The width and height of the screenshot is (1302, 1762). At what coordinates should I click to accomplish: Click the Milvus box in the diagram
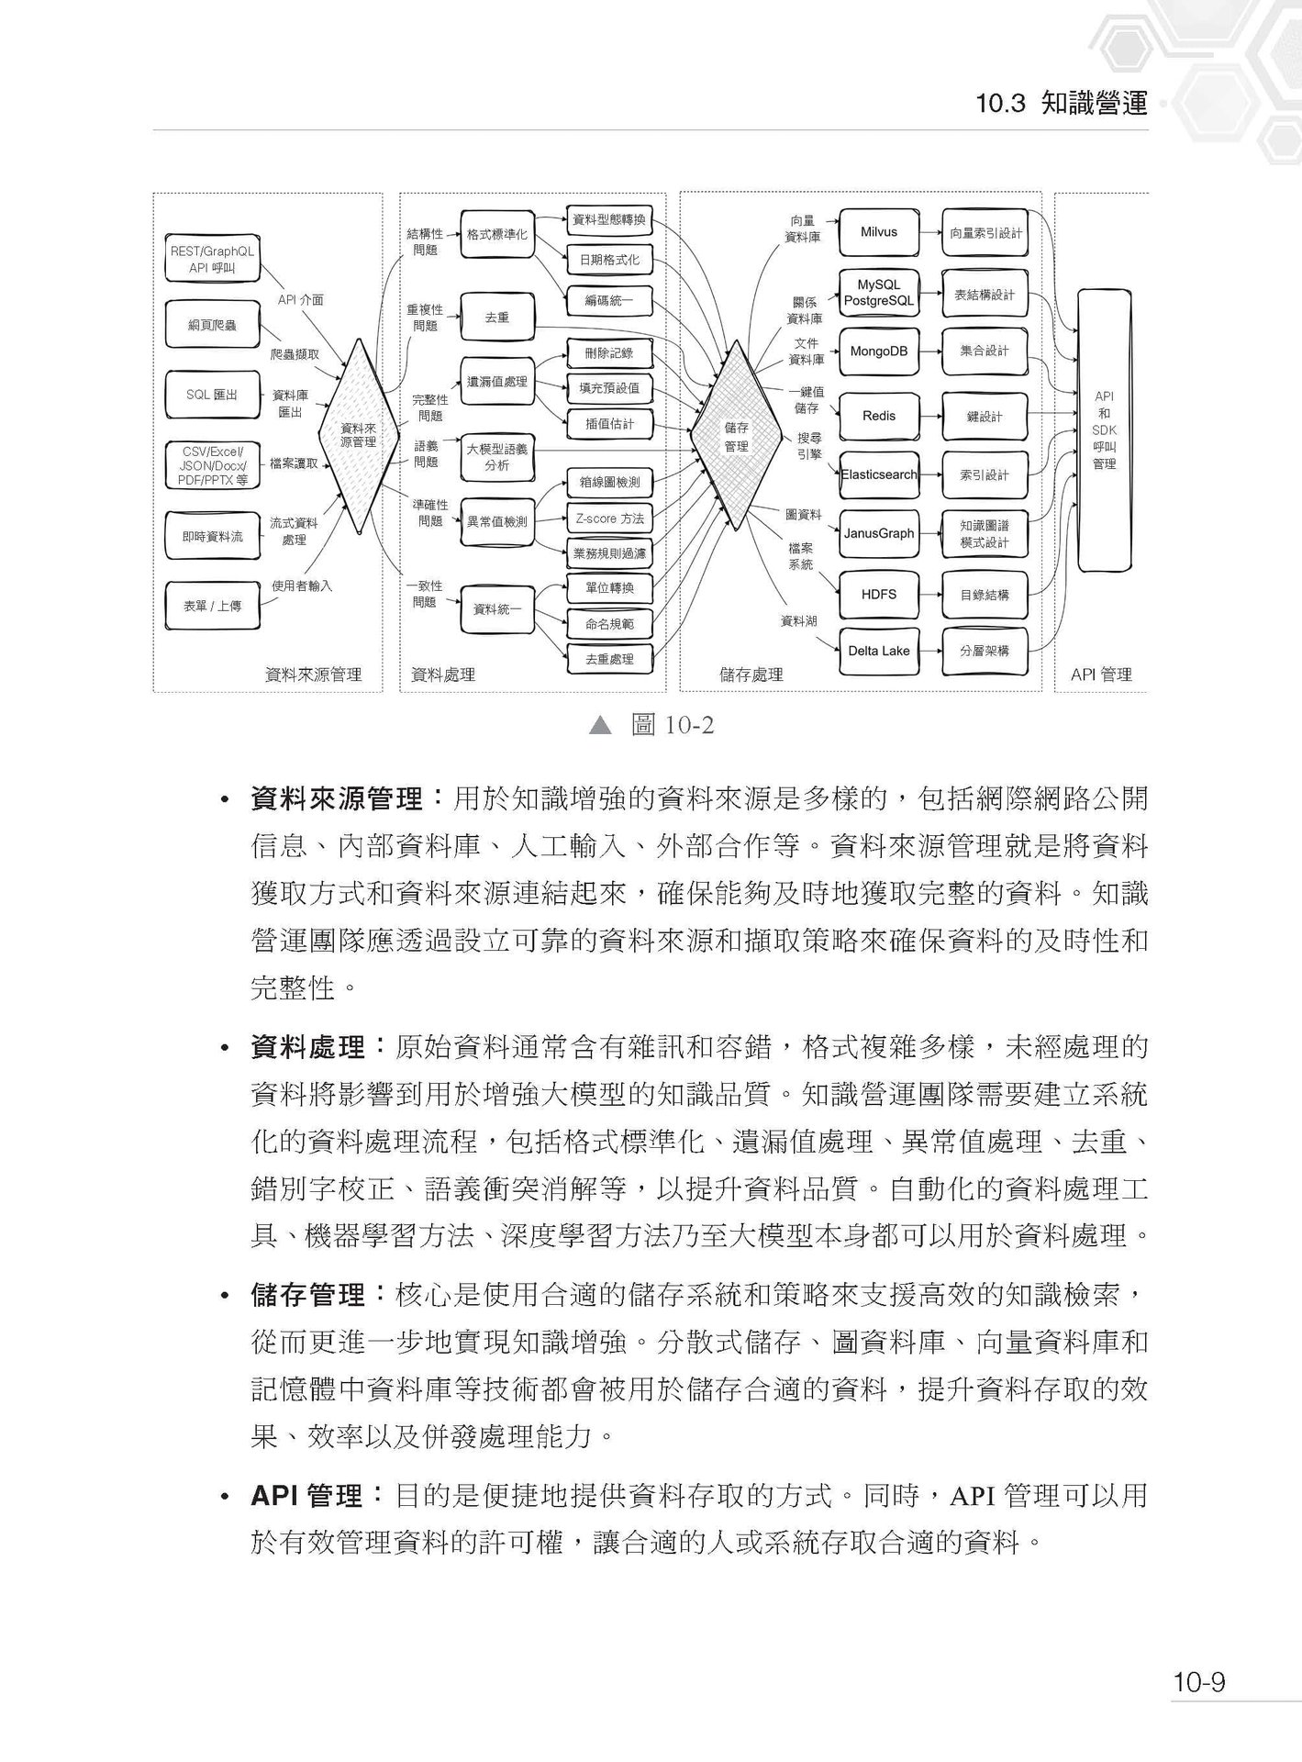878,232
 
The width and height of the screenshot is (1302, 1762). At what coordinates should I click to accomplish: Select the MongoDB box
878,351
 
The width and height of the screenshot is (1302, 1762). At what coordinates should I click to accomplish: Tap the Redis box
878,416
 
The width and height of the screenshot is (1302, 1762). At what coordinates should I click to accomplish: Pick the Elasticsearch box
878,474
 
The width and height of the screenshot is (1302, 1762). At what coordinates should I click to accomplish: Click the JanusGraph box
878,533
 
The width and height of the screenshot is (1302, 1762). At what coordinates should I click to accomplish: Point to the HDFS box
878,595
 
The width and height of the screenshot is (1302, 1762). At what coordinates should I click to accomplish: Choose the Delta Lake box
878,651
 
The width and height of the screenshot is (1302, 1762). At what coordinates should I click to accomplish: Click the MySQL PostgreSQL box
878,293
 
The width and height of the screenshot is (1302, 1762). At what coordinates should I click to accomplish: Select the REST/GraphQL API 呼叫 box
212,259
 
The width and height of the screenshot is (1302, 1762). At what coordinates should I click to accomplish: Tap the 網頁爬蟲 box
212,325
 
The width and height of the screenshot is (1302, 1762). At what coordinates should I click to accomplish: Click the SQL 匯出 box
212,395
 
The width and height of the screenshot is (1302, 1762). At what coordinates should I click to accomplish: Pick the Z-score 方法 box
609,519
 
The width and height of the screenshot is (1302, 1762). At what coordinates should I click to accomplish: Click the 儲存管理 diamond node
736,436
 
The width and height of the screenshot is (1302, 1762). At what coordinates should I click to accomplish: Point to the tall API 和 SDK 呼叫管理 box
1104,429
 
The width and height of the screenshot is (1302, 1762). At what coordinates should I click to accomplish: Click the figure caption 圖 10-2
672,726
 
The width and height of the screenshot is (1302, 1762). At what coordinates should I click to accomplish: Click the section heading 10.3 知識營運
1062,104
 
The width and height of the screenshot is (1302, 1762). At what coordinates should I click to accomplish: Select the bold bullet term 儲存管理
308,1296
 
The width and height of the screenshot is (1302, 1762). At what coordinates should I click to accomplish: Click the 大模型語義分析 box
496,457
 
